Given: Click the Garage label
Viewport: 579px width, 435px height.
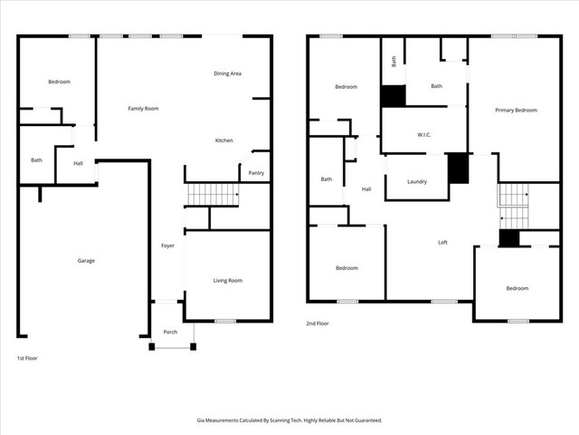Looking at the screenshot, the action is tap(86, 261).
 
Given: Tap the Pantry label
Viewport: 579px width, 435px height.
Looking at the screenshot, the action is tap(256, 173).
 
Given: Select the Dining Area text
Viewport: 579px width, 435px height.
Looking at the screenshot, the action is tap(227, 73).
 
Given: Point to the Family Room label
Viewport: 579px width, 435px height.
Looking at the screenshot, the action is tap(143, 109).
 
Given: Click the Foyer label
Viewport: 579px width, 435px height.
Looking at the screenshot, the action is tap(167, 246).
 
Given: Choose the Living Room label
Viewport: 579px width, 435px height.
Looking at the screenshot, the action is tap(228, 281).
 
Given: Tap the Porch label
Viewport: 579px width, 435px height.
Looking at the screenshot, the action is tap(170, 333).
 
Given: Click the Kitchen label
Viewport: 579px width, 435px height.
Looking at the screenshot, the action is tap(224, 140).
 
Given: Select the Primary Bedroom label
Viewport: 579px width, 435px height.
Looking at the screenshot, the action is tap(517, 111).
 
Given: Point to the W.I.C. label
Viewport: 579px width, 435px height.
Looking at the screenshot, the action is tap(424, 135).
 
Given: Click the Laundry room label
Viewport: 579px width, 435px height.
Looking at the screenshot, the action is tap(417, 181).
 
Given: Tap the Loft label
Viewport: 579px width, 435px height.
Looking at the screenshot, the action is tap(442, 242).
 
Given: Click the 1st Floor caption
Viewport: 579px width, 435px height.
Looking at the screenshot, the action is tap(27, 358).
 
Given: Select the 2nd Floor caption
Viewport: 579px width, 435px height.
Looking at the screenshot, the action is tap(318, 324).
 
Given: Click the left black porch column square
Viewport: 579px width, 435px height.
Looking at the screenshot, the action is tap(152, 346).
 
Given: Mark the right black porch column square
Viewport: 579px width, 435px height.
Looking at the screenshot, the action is tap(193, 346).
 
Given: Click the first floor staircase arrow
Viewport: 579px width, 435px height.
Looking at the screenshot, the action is tap(237, 194).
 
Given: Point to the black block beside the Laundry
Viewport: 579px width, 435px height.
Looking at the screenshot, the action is tap(459, 169).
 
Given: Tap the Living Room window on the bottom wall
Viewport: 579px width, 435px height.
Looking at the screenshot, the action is tap(225, 321).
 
